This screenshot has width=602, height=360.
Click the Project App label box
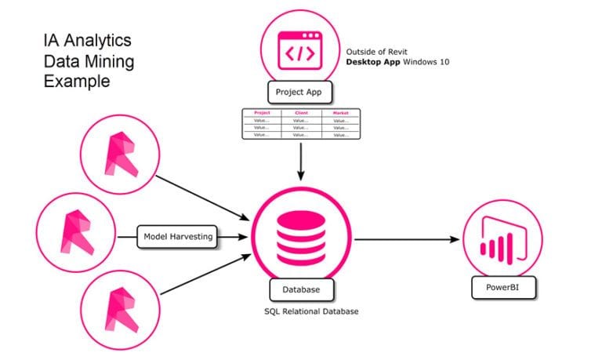(x=299, y=93)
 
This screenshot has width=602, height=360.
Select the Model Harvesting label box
(x=177, y=235)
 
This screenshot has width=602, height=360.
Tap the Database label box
(x=299, y=290)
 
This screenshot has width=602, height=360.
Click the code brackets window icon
(x=300, y=48)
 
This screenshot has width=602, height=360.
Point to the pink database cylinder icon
(x=300, y=234)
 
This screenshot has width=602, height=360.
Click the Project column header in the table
(x=262, y=113)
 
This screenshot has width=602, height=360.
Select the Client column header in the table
(x=300, y=113)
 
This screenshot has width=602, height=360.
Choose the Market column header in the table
(x=340, y=113)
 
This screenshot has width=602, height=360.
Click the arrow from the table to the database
(x=300, y=161)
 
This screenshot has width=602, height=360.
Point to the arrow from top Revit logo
(x=200, y=196)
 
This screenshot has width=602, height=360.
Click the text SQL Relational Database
(x=301, y=312)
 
